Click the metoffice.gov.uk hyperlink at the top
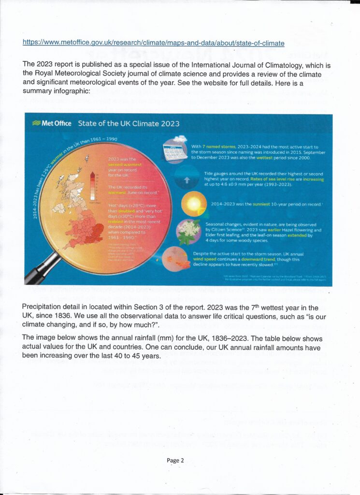[x=153, y=43]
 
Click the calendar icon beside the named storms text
[x=175, y=150]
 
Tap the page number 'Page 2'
[x=175, y=461]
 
